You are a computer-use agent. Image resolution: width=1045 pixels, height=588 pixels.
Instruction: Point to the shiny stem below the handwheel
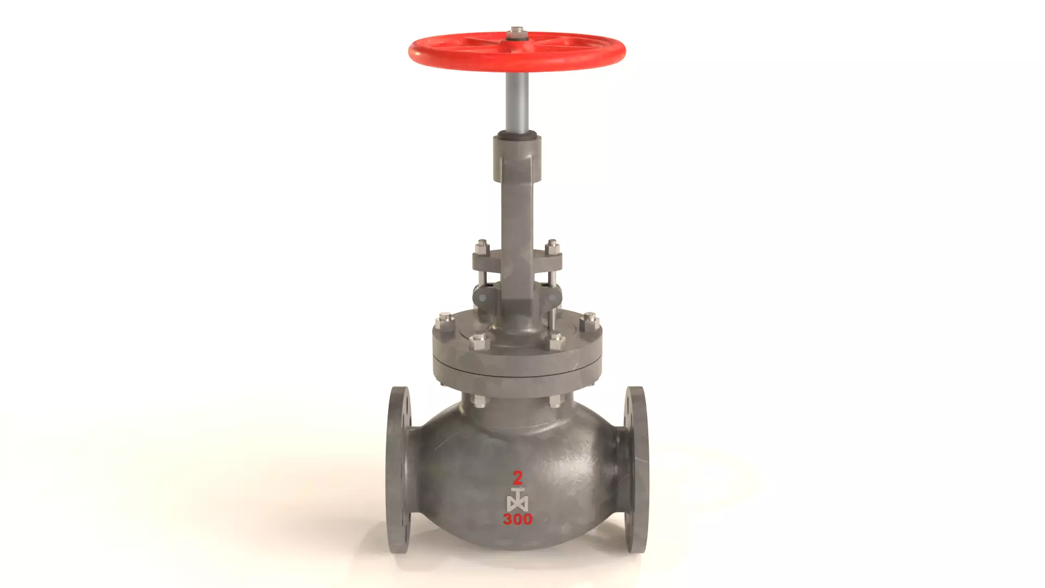pos(517,103)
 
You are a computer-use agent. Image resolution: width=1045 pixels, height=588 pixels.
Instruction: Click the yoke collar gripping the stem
pos(517,158)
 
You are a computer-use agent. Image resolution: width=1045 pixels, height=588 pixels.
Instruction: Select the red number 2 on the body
pos(518,477)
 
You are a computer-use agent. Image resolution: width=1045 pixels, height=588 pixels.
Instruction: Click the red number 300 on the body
pos(518,519)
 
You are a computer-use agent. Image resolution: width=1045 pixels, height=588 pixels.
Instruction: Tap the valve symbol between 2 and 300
pos(517,499)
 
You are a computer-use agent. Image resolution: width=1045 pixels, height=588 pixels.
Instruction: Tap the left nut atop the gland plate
pos(482,247)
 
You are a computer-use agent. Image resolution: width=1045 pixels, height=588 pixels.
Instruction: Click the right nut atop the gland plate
pos(552,247)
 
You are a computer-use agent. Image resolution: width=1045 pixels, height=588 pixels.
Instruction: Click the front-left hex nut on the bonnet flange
pos(478,342)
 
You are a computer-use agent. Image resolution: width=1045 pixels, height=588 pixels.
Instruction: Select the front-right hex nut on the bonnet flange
pos(556,342)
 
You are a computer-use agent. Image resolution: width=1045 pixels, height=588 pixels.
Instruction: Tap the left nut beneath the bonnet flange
pos(479,402)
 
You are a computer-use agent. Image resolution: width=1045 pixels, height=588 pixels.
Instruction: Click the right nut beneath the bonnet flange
pos(555,402)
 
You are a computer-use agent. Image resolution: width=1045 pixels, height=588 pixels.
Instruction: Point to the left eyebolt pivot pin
pos(482,297)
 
